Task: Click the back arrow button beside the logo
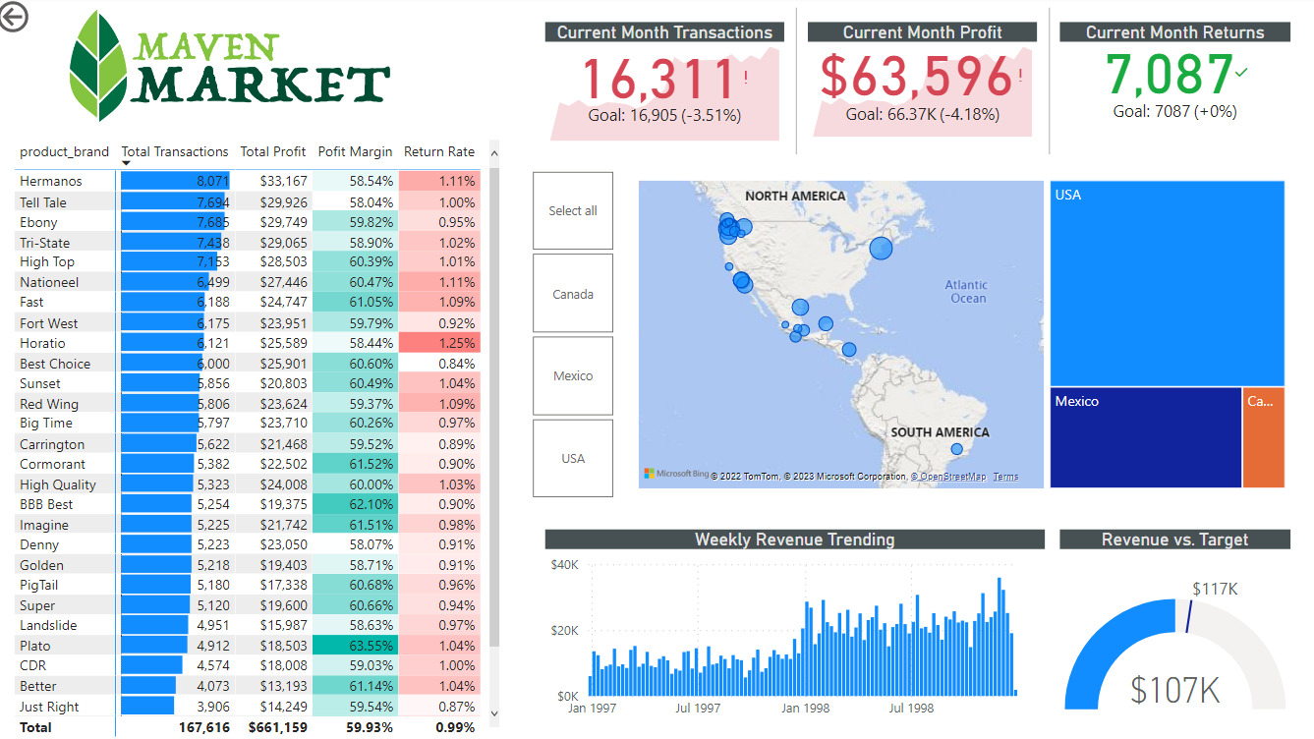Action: (x=14, y=17)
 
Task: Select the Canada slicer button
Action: (x=573, y=294)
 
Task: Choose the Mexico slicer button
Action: (x=573, y=376)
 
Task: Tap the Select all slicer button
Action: (x=573, y=211)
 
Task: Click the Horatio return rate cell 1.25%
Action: (x=439, y=343)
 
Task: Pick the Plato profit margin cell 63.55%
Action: (x=355, y=646)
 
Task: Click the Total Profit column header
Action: (x=273, y=152)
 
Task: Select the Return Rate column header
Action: (x=439, y=152)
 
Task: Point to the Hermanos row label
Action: (x=51, y=182)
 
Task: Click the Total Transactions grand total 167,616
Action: (x=204, y=727)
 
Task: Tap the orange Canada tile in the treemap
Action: (x=1263, y=437)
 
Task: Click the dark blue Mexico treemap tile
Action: (x=1145, y=437)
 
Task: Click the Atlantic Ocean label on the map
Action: (x=967, y=292)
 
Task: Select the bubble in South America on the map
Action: (x=957, y=449)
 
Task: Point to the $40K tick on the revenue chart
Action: (x=564, y=565)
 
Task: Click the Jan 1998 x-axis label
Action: (x=805, y=708)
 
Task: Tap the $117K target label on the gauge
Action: (x=1215, y=589)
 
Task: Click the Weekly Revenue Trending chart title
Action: (x=794, y=540)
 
